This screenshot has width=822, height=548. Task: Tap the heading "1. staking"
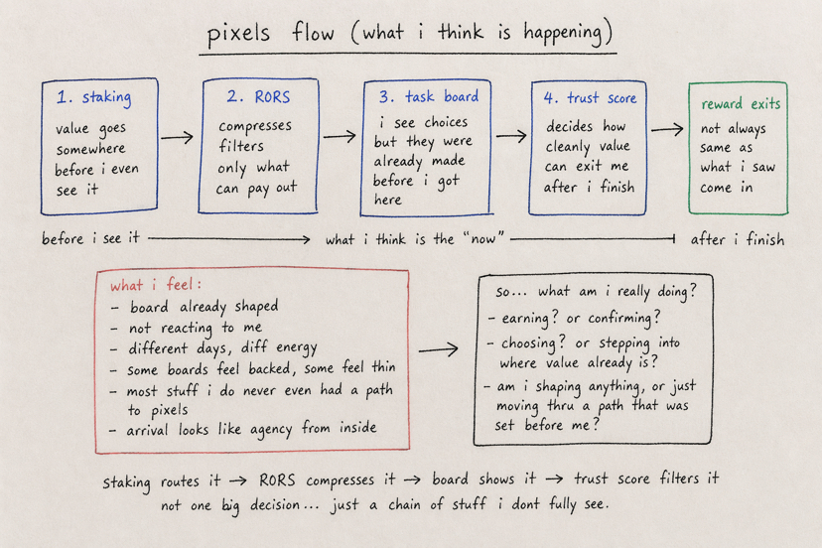(94, 98)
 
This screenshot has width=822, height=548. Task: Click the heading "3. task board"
(429, 97)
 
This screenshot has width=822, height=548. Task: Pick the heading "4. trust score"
(591, 98)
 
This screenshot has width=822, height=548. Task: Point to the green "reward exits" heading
(741, 103)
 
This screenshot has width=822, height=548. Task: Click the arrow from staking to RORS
(178, 137)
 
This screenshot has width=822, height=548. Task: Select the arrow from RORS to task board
(339, 137)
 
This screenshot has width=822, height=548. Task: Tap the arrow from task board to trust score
(510, 137)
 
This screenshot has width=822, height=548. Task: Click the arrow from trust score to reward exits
(667, 130)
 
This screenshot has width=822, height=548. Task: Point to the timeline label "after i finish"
(737, 238)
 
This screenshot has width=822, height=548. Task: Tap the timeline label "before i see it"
(90, 238)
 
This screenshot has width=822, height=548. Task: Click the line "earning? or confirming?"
(574, 318)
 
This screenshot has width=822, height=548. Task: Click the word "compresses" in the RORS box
(255, 127)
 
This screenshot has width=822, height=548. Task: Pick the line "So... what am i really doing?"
(595, 291)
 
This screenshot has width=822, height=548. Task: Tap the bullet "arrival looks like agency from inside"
(251, 430)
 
